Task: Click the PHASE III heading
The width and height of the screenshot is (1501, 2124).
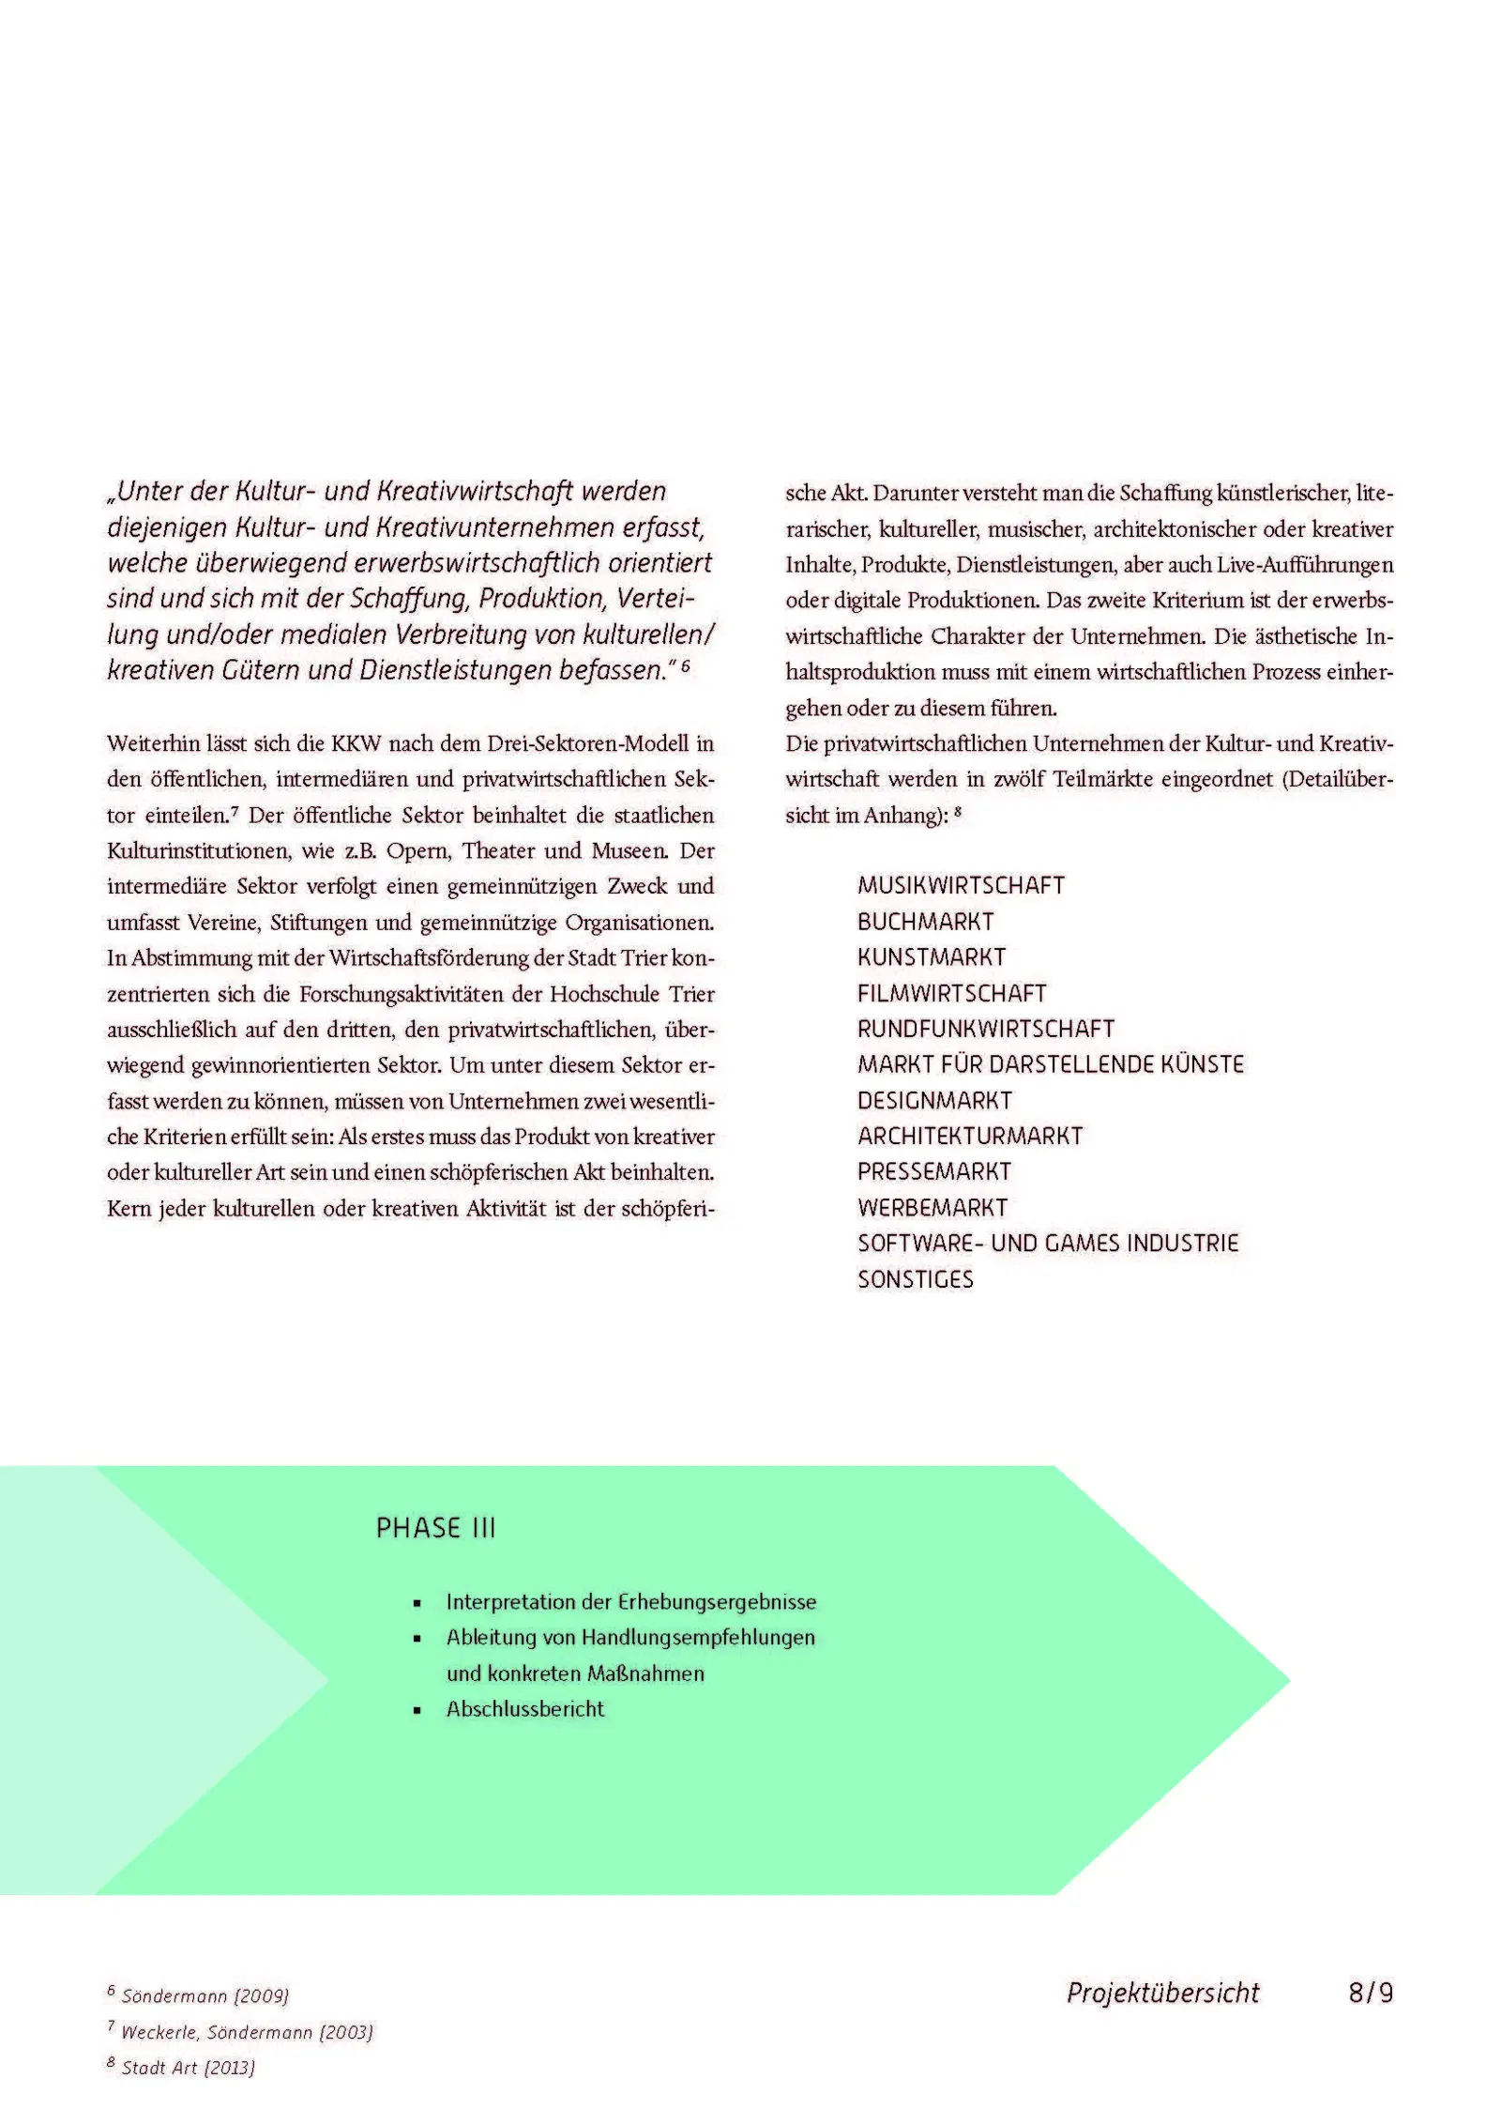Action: point(435,1529)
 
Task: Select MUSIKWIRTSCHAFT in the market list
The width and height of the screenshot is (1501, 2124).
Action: point(961,886)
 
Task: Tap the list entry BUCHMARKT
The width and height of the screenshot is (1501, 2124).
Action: point(925,922)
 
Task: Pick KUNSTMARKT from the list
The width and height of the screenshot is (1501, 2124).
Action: point(931,957)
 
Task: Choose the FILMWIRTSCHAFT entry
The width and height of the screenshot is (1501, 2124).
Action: point(951,993)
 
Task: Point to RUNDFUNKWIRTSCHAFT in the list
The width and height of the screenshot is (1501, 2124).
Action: point(985,1029)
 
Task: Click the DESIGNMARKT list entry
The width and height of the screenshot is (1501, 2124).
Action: point(934,1100)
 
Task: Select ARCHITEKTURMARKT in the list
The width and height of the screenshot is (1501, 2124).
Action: point(970,1136)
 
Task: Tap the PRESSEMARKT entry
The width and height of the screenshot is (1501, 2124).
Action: point(933,1171)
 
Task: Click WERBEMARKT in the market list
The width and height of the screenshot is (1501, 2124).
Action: point(932,1208)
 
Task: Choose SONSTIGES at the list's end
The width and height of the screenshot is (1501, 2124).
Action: point(915,1279)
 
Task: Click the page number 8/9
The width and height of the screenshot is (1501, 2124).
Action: point(1370,1993)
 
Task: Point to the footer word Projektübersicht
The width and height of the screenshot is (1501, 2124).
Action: point(1162,1993)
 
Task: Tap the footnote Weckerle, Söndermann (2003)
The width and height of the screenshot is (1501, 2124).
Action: point(247,2032)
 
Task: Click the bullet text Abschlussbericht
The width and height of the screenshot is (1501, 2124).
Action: point(524,1709)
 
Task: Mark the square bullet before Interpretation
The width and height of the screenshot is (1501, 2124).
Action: point(417,1604)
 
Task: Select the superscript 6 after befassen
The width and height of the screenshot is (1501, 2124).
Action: point(686,666)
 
